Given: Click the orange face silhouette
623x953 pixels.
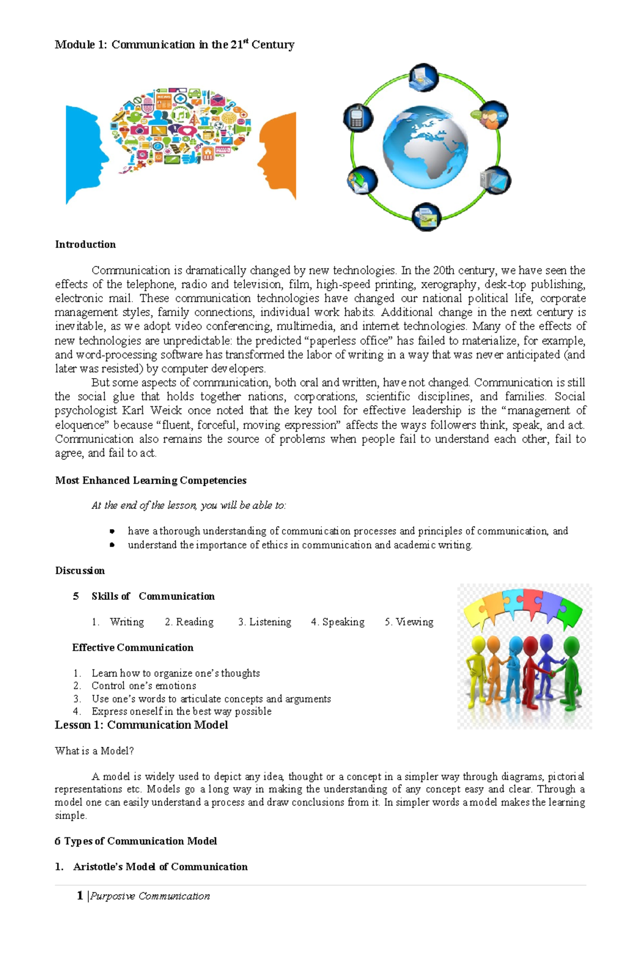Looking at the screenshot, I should [x=280, y=156].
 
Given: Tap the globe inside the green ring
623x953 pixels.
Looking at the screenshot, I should [x=425, y=147].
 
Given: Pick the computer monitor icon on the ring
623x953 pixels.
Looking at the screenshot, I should [x=495, y=181].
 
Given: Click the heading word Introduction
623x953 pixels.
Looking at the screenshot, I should [x=85, y=245].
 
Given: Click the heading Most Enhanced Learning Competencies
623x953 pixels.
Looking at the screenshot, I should [x=151, y=480].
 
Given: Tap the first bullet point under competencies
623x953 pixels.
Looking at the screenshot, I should [x=112, y=531].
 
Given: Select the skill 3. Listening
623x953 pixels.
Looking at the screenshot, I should [x=264, y=622].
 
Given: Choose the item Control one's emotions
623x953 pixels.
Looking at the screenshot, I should [x=144, y=686].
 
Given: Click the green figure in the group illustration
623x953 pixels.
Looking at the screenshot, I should [x=571, y=670].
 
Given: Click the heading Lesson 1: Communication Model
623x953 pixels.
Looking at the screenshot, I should [x=141, y=725].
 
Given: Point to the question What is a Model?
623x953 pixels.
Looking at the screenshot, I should [x=94, y=751].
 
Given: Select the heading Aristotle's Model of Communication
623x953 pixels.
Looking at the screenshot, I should [x=160, y=867].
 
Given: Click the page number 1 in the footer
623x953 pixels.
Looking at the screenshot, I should [x=80, y=895].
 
